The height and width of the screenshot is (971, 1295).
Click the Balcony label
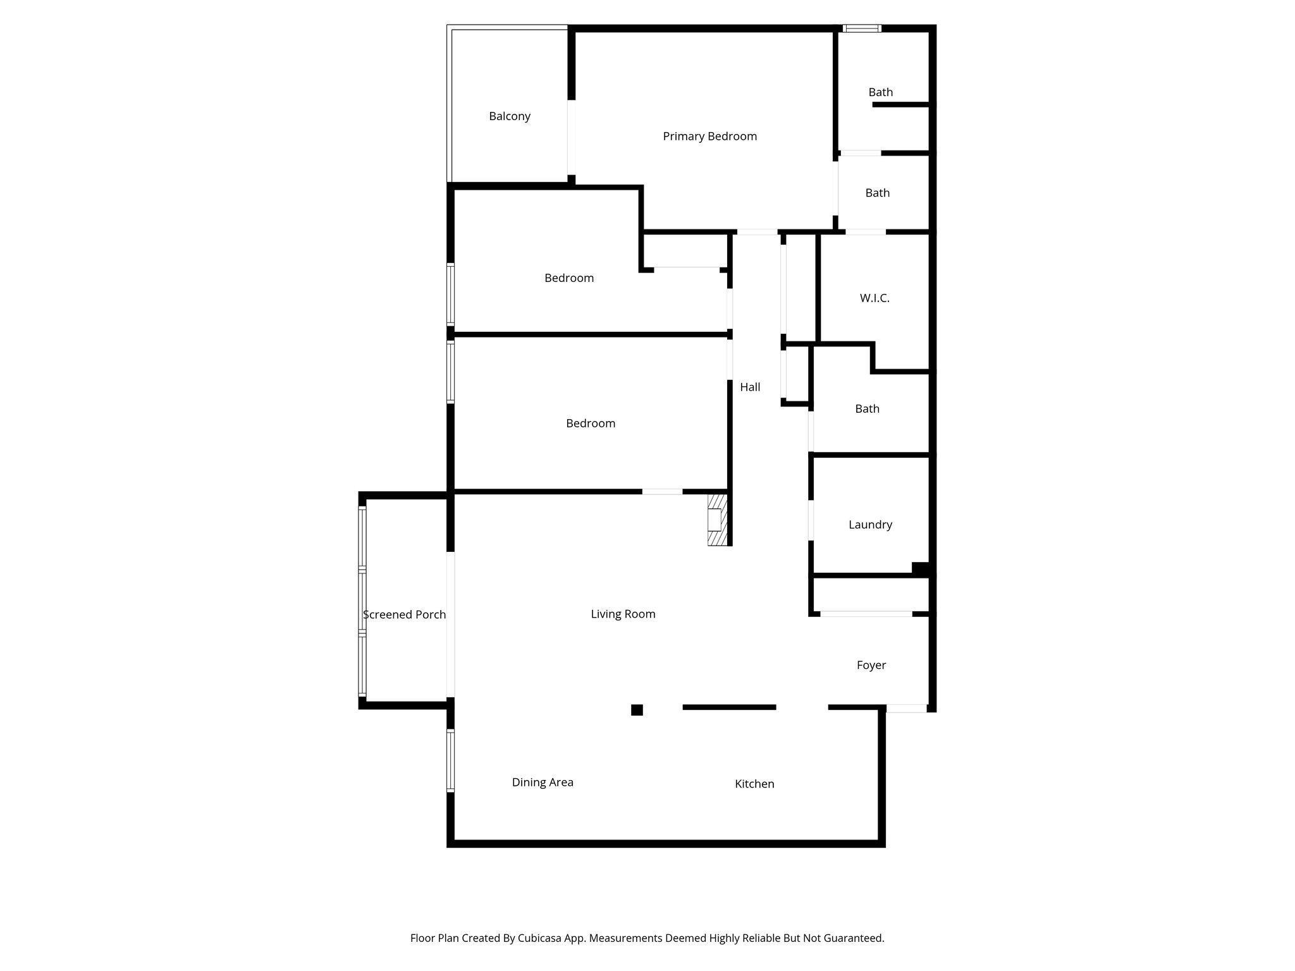tap(509, 116)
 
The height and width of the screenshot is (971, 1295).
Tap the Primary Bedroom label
tap(709, 137)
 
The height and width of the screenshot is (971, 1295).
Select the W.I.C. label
tap(875, 298)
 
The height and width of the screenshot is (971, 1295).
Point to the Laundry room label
tap(870, 525)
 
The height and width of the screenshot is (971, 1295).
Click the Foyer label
tap(871, 665)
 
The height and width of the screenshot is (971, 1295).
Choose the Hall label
tap(750, 387)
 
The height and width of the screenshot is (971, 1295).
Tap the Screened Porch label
tap(404, 614)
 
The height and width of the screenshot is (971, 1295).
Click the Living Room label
tap(623, 614)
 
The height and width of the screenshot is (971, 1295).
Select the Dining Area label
tap(543, 783)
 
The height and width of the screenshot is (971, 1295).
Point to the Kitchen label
tap(754, 784)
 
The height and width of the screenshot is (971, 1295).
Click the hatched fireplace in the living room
tap(716, 520)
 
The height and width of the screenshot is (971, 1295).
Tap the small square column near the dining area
tap(637, 710)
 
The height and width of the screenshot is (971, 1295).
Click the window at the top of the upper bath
tap(862, 28)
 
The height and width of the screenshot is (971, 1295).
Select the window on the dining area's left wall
tap(451, 760)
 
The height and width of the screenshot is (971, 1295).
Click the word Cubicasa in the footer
tap(540, 938)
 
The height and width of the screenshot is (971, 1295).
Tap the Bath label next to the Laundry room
tap(867, 409)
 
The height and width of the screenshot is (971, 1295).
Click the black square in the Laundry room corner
tap(920, 569)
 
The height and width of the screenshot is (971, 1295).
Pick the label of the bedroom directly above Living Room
tap(591, 424)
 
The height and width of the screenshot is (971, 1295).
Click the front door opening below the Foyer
tap(906, 709)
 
